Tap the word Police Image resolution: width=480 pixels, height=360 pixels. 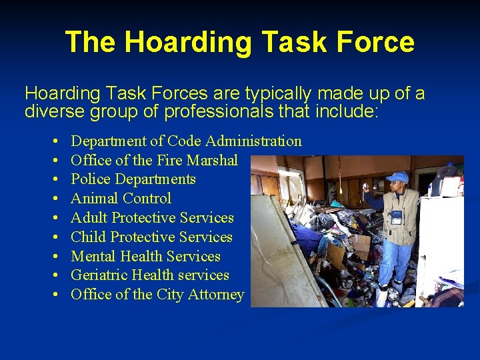[x=91, y=179]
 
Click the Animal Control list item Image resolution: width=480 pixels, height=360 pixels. [x=121, y=199]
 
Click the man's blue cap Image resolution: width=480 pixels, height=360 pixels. [x=398, y=177]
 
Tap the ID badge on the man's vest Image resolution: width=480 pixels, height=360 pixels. [x=397, y=217]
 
